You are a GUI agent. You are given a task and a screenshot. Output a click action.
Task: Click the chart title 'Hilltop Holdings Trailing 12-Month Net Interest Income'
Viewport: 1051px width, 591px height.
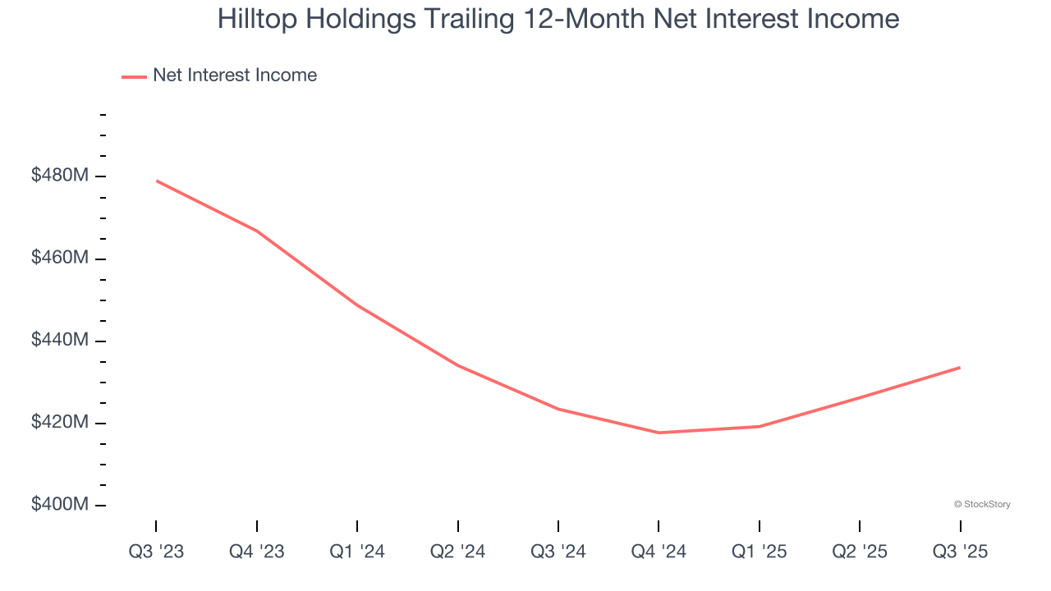(x=558, y=19)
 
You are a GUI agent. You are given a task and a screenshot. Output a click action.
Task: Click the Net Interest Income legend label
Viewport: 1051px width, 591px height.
(x=234, y=76)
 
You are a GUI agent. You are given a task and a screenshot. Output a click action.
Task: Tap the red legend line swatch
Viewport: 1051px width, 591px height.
(x=134, y=76)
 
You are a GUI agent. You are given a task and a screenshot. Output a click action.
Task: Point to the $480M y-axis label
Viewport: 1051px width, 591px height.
(x=60, y=176)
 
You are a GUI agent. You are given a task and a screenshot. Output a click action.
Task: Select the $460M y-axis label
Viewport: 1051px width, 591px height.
(x=60, y=258)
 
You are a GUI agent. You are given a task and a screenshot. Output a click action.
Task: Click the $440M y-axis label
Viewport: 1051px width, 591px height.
(x=60, y=340)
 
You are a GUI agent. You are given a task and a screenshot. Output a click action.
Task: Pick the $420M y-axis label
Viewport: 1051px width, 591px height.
(x=60, y=422)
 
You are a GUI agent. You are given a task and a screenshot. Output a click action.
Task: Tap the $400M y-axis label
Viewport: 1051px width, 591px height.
(x=60, y=504)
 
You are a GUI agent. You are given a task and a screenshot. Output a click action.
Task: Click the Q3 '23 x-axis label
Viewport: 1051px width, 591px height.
(x=156, y=552)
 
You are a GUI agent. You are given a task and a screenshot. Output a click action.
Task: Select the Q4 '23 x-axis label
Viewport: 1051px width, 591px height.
(x=257, y=552)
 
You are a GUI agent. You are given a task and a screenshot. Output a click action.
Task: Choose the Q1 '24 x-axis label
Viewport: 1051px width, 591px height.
(x=357, y=552)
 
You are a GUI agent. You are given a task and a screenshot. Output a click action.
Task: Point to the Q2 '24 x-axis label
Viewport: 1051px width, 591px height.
(x=458, y=552)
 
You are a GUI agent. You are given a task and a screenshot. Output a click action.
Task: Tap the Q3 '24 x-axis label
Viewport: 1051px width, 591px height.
(x=558, y=552)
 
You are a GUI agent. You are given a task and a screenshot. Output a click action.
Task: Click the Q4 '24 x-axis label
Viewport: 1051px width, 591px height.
(x=659, y=552)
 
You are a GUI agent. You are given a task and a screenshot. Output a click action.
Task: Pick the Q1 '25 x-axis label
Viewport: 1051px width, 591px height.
(x=760, y=552)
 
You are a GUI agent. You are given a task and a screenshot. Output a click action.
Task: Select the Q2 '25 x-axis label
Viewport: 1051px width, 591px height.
(x=860, y=552)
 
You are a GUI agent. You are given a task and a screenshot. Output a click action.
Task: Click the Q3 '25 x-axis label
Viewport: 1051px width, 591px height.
(x=961, y=552)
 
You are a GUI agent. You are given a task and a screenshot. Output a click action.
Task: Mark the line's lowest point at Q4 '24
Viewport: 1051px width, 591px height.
(x=659, y=433)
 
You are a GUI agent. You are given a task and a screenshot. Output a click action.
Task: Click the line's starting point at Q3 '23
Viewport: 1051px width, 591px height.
(x=156, y=181)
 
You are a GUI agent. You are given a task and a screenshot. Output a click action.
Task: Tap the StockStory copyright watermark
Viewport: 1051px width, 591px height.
(x=982, y=504)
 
